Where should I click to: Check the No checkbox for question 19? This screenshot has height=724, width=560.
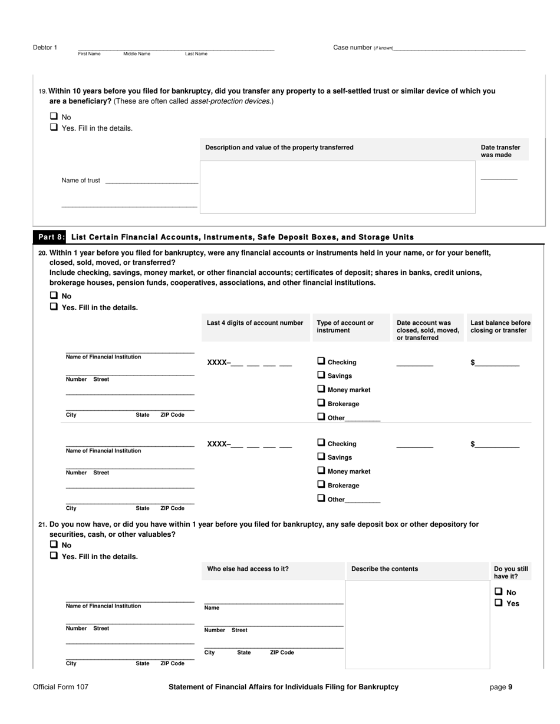pyautogui.click(x=54, y=117)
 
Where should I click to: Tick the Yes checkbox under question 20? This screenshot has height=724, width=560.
pyautogui.click(x=54, y=307)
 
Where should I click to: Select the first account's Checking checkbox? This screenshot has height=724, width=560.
pyautogui.click(x=321, y=361)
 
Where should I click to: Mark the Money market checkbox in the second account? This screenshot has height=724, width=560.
pyautogui.click(x=321, y=471)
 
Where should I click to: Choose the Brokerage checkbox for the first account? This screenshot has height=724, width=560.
pyautogui.click(x=321, y=403)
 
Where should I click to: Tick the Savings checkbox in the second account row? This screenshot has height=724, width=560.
pyautogui.click(x=321, y=457)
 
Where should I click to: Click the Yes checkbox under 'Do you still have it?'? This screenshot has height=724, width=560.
pyautogui.click(x=499, y=603)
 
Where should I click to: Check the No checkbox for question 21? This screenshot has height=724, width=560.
pyautogui.click(x=54, y=545)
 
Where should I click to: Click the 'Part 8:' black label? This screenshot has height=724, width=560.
pyautogui.click(x=51, y=237)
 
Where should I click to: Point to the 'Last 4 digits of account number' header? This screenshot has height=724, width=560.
pyautogui.click(x=255, y=323)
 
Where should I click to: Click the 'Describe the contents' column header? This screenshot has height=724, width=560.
pyautogui.click(x=384, y=569)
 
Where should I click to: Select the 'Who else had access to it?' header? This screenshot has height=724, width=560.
pyautogui.click(x=248, y=569)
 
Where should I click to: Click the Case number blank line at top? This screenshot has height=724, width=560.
pyautogui.click(x=459, y=48)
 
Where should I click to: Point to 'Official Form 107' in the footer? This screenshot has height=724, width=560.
pyautogui.click(x=61, y=687)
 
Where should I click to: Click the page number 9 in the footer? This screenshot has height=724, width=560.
pyautogui.click(x=510, y=687)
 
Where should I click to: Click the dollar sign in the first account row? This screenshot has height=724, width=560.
pyautogui.click(x=473, y=363)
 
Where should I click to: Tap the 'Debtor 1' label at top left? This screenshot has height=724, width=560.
pyautogui.click(x=45, y=48)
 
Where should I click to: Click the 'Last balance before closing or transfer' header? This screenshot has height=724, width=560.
pyautogui.click(x=500, y=327)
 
